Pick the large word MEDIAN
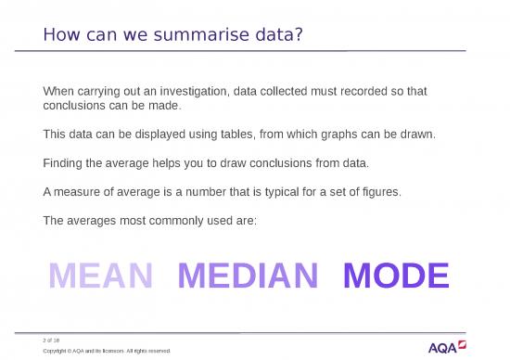point(248,276)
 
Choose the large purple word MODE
point(396,276)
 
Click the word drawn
point(415,135)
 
